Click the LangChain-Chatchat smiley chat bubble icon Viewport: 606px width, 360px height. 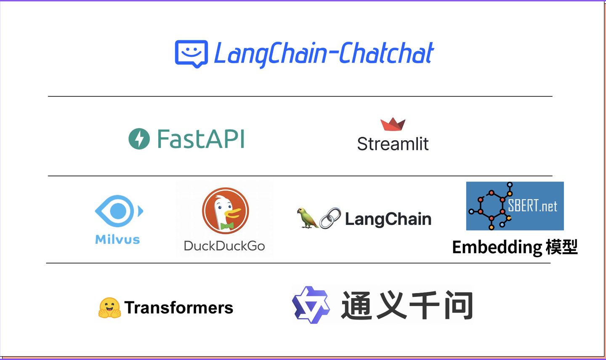[191, 53]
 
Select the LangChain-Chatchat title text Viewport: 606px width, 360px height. [324, 53]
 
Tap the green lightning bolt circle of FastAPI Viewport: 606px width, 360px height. [139, 139]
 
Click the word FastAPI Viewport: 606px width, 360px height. [201, 139]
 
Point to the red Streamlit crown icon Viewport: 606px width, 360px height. [393, 124]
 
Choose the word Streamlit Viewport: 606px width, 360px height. [393, 144]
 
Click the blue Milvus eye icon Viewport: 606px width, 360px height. [119, 211]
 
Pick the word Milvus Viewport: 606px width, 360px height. [117, 240]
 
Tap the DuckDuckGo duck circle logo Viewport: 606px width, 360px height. [225, 211]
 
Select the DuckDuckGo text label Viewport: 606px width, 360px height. [224, 246]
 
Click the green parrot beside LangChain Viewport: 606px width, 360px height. [307, 218]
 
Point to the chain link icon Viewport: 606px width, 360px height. [330, 218]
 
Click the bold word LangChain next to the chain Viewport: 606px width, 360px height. [388, 219]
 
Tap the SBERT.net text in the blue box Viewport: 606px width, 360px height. [532, 206]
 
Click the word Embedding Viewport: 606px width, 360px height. [497, 247]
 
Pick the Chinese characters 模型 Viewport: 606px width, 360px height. [561, 247]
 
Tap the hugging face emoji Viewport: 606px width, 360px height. [109, 308]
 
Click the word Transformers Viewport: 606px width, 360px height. [179, 308]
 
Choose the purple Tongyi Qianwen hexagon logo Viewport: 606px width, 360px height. [311, 305]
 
